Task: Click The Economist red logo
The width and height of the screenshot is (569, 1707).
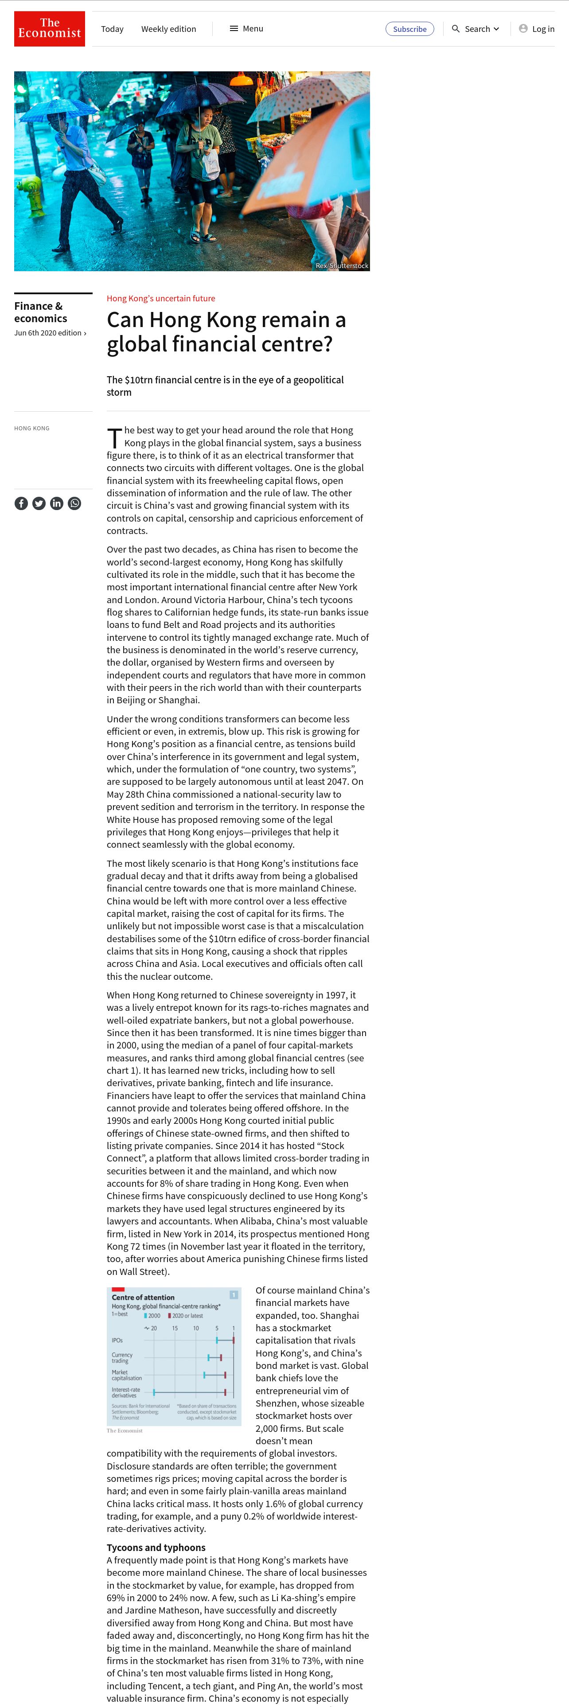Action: click(50, 28)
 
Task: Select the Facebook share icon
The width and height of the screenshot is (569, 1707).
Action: click(21, 503)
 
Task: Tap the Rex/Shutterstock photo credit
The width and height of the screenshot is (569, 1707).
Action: click(342, 266)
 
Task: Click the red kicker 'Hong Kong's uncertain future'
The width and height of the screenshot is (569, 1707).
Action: click(161, 298)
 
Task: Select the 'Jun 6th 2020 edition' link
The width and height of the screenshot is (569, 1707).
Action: click(50, 333)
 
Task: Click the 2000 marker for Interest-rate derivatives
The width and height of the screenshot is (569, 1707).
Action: click(154, 1392)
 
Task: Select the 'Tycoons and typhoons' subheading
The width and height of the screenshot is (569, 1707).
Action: click(156, 1547)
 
